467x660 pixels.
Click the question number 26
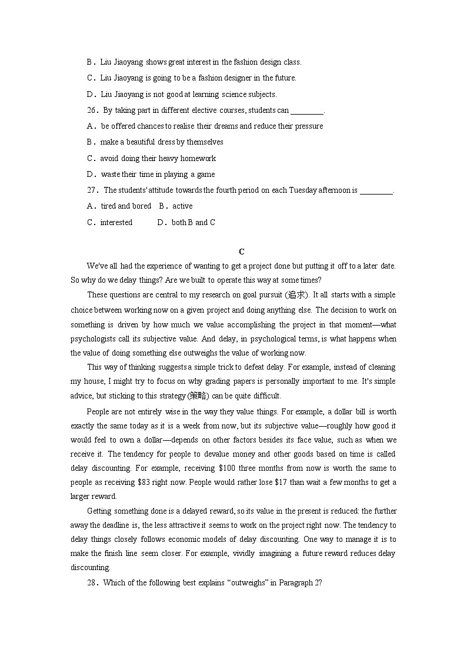coord(92,110)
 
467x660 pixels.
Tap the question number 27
coord(92,190)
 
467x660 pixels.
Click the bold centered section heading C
coord(241,252)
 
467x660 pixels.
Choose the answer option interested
coord(116,222)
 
